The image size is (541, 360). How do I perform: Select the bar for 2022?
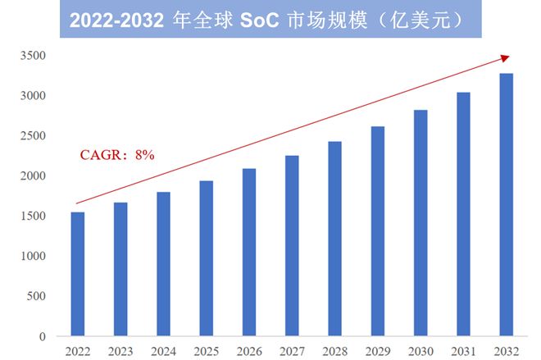[x=77, y=274]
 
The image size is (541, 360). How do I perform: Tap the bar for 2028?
[x=334, y=239]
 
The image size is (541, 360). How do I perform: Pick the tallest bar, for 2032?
[x=507, y=205]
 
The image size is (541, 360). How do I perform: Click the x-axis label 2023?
[x=120, y=351]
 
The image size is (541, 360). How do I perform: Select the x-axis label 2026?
[x=249, y=351]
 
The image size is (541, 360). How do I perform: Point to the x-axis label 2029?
[x=378, y=351]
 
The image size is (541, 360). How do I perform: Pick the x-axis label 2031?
[x=464, y=351]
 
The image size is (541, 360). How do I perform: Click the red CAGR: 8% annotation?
[x=117, y=154]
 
